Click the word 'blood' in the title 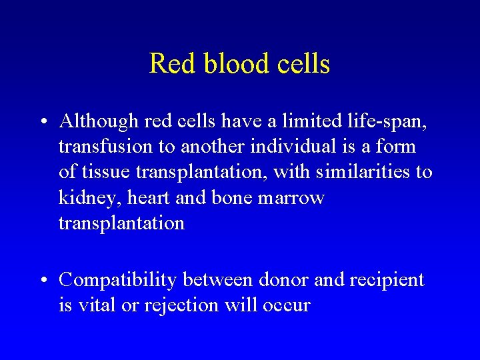pos(227,64)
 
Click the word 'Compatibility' pos(117,281)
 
